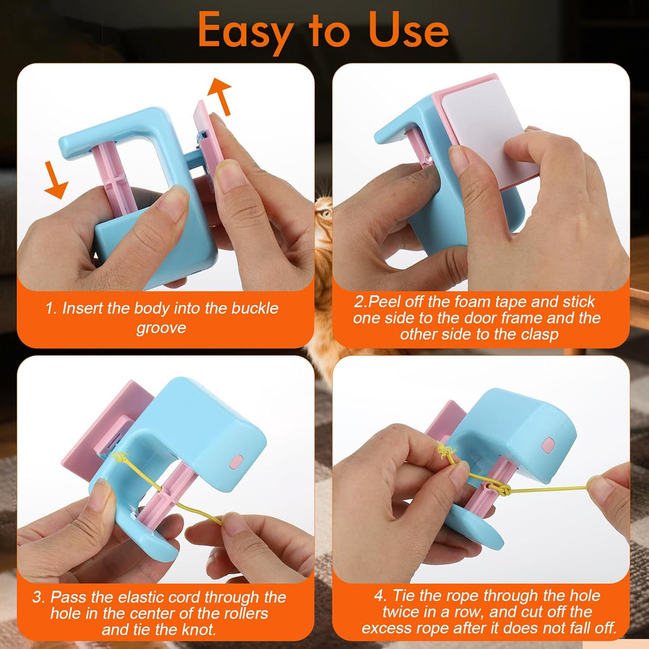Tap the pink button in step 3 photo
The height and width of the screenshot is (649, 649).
(235, 462)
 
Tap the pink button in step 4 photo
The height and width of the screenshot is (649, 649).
(548, 445)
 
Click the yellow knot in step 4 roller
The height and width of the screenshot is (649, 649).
(499, 489)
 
